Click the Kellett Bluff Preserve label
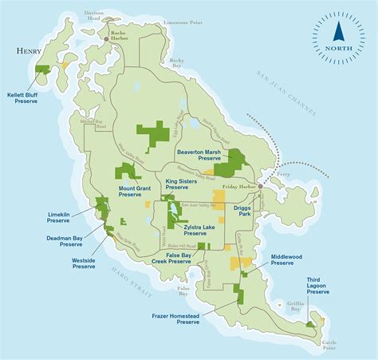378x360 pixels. pos(22,96)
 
